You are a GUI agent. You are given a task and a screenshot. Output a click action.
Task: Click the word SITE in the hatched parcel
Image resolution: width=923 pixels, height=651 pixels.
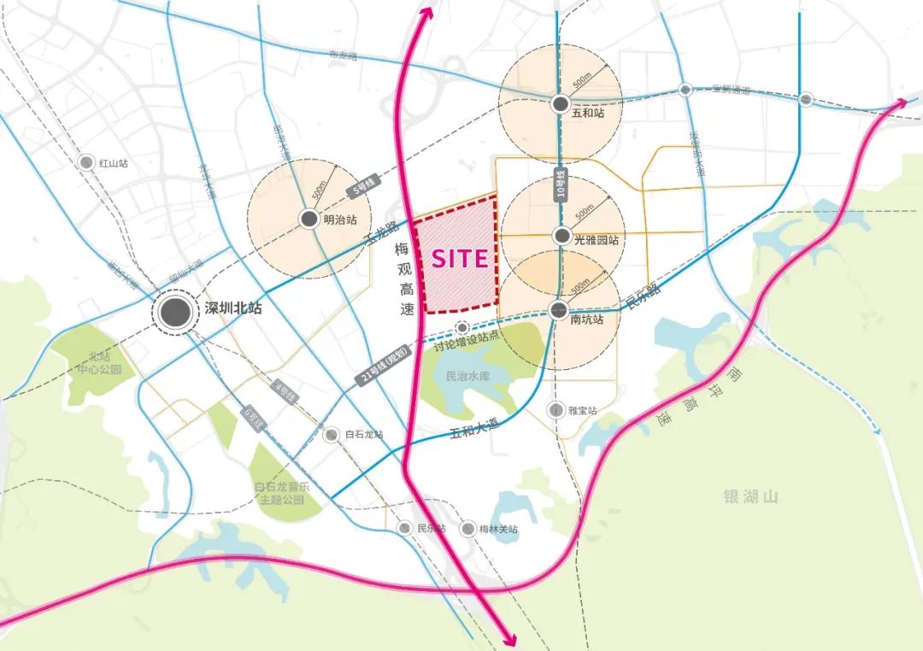click(x=459, y=259)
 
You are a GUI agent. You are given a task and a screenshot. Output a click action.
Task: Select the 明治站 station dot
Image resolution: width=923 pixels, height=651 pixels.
click(x=309, y=220)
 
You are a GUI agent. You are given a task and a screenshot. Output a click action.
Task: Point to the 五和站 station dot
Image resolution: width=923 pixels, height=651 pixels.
click(x=560, y=104)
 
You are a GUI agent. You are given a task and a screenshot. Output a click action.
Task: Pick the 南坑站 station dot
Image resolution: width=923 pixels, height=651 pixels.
click(x=559, y=310)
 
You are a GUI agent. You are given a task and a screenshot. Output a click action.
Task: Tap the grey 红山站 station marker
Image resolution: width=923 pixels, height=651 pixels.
click(x=86, y=162)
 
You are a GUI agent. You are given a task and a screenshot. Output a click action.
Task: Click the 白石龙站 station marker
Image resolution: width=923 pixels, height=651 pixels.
click(x=332, y=435)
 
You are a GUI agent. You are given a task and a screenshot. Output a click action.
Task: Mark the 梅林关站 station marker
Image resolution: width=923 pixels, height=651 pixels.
click(x=467, y=529)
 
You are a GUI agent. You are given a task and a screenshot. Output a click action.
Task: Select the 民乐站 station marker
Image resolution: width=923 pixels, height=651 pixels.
click(x=404, y=528)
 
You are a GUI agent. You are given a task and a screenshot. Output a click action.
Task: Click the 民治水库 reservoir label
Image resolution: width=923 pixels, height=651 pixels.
click(x=468, y=375)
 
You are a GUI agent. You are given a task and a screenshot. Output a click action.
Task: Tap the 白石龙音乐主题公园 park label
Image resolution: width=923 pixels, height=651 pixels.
click(x=280, y=493)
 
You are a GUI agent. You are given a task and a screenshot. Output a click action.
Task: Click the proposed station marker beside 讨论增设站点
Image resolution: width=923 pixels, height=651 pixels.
click(x=462, y=327)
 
